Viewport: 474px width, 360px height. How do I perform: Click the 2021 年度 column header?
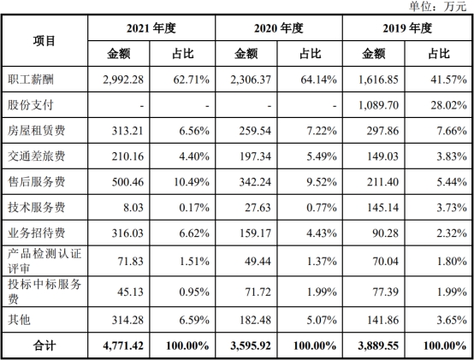coord(151,28)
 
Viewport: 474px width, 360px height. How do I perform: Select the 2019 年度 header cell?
coord(407,28)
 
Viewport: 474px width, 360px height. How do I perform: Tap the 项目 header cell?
coord(44,41)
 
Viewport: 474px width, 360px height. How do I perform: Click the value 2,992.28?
coord(123,80)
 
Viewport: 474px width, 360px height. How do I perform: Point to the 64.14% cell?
coord(318,80)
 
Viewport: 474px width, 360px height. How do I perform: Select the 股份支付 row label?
coord(31,105)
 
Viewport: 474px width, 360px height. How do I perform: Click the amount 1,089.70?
coord(378,105)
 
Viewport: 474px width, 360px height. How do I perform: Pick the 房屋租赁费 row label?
coord(36,131)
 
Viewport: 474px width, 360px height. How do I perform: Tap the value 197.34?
coord(255,156)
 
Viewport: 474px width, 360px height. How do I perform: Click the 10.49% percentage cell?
coord(192,182)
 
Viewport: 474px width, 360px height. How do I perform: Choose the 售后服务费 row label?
coord(36,182)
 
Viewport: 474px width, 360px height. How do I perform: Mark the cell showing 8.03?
coord(133,208)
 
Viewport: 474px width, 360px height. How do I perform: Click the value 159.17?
coord(255,233)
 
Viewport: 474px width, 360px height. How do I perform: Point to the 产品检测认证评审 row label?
coord(44,261)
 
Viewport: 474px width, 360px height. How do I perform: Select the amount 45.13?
coord(130,292)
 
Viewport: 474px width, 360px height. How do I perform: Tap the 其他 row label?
coord(19,320)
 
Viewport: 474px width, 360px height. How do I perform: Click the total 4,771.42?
coord(123,345)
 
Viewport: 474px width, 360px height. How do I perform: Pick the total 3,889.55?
coord(378,345)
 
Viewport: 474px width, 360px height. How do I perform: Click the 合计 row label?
coord(44,345)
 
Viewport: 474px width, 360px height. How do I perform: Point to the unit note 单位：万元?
coord(438,6)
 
